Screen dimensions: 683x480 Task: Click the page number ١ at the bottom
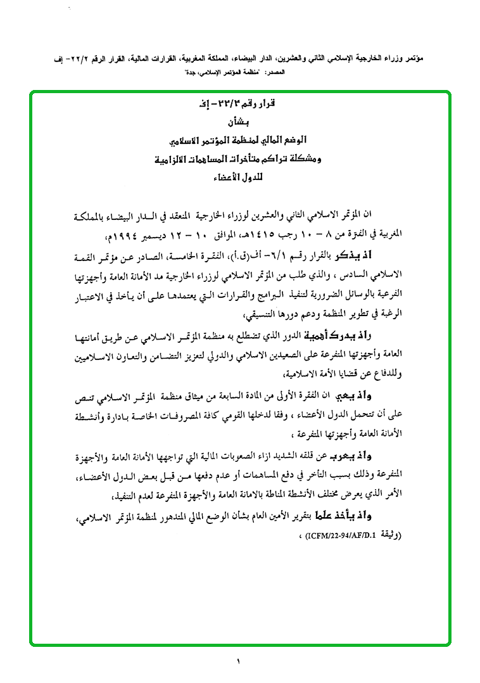point(239,662)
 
